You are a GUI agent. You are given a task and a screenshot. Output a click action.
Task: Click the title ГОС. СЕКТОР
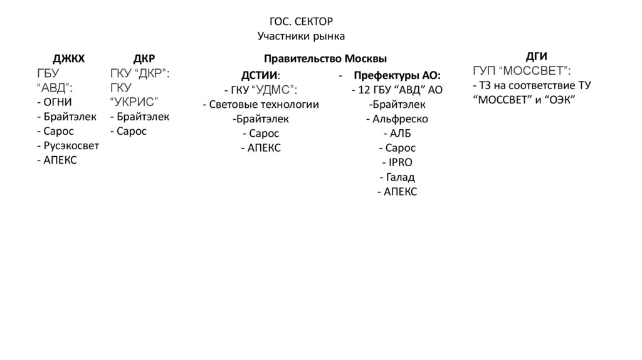coord(301,22)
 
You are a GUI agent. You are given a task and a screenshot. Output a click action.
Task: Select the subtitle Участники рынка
coord(301,36)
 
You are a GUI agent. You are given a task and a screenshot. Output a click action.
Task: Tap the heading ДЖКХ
coord(68,59)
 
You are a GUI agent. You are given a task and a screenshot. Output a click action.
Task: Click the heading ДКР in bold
coord(144,59)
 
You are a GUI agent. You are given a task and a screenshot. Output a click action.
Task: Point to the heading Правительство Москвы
coord(325,59)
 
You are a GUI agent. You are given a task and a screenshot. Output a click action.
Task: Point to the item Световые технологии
coord(261,104)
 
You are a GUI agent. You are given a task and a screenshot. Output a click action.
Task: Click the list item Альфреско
coord(397,119)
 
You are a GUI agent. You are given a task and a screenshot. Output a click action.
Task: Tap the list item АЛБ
coord(397,133)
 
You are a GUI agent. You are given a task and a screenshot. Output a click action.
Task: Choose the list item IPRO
coord(397,162)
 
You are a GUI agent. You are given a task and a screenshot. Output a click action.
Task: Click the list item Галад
coord(397,177)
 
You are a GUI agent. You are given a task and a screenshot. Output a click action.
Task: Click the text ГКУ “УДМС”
coord(261,90)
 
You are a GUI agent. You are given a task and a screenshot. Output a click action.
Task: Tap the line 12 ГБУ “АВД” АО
coord(397,90)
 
